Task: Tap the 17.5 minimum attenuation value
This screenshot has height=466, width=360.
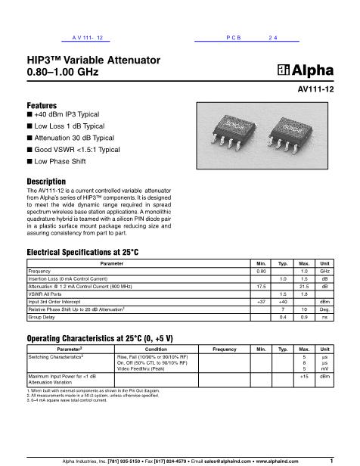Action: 262,286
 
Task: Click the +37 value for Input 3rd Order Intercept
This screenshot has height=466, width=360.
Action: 262,302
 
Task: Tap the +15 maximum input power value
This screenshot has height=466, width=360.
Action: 304,376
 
